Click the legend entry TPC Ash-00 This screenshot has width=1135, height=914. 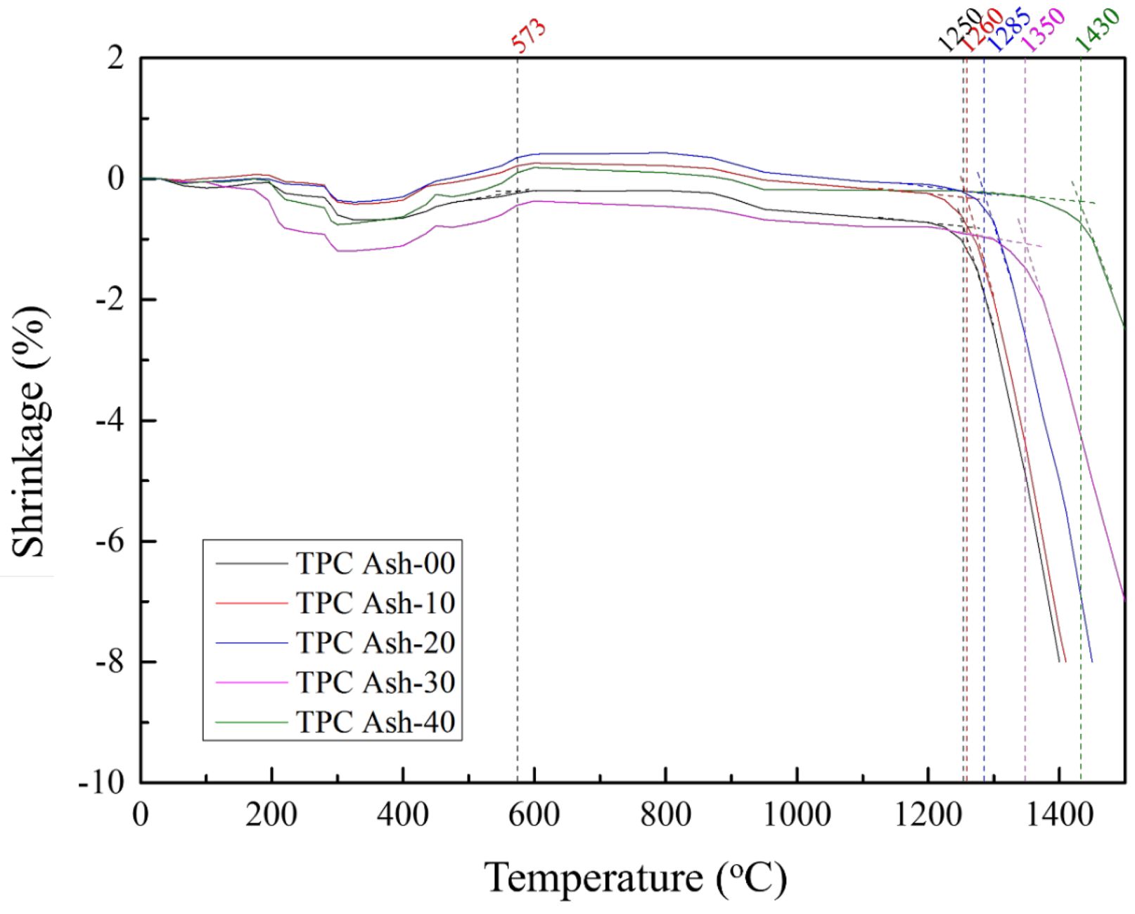[375, 564]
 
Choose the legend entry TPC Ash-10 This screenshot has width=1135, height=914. [375, 603]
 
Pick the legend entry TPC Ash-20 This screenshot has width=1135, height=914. [375, 642]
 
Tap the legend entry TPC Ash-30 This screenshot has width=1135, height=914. [375, 683]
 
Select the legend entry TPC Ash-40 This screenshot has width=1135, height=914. [375, 722]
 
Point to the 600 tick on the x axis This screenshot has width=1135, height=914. [534, 815]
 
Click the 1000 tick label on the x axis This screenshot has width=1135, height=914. [797, 815]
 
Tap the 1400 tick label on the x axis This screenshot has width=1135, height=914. [1059, 815]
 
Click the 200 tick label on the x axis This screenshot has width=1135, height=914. [271, 815]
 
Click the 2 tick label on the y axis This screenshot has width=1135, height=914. [116, 58]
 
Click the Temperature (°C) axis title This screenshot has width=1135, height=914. [634, 879]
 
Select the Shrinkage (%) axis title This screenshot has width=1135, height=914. [30, 431]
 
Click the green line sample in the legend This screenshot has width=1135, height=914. [251, 723]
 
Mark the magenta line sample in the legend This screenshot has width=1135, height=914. [251, 683]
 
